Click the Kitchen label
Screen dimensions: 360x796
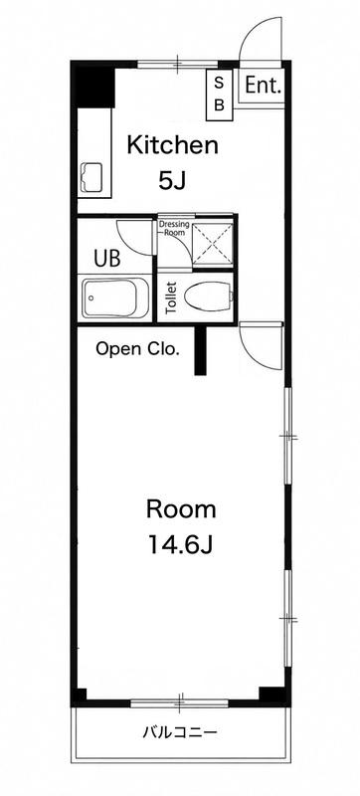click(x=172, y=145)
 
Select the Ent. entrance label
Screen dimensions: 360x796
click(x=263, y=86)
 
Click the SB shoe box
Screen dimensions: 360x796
click(x=219, y=95)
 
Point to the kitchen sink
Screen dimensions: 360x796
click(x=92, y=178)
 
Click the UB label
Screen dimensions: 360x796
click(x=107, y=258)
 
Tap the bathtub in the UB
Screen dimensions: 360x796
click(x=115, y=298)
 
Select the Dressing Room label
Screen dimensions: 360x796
click(x=174, y=228)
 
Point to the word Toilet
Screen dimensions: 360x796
click(x=171, y=298)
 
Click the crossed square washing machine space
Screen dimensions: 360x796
click(x=213, y=245)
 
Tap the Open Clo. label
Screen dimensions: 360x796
click(x=138, y=349)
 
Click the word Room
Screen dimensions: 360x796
click(x=181, y=509)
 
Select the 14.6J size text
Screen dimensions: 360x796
click(x=180, y=544)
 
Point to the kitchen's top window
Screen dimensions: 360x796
click(x=177, y=64)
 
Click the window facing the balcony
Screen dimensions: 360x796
click(x=180, y=703)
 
